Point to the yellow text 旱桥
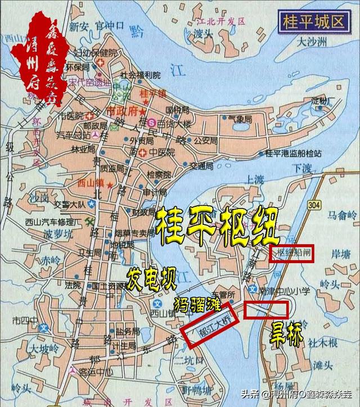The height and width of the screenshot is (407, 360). click(x=285, y=333)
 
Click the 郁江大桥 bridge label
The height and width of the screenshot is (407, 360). click(x=210, y=323)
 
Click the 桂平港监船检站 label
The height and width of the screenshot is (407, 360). click(x=292, y=153)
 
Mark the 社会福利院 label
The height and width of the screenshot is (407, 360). click(x=140, y=75)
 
